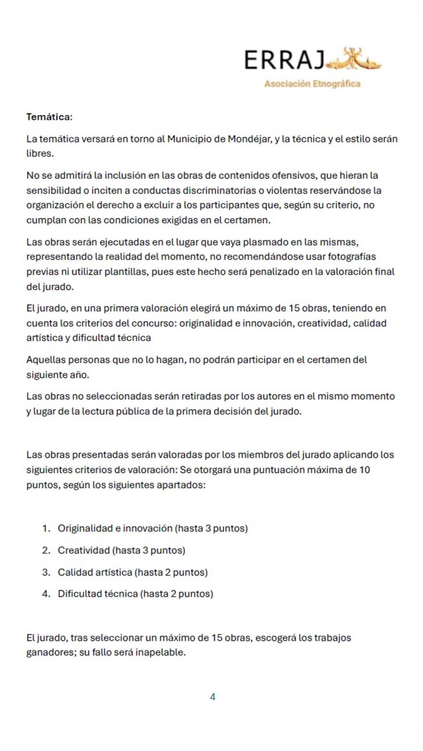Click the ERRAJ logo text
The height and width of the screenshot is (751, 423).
tap(284, 60)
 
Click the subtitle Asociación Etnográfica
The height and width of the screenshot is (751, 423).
tap(312, 84)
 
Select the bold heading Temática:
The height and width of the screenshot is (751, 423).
tap(49, 117)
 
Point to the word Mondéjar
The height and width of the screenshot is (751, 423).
tap(249, 139)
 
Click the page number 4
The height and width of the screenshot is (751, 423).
tap(212, 697)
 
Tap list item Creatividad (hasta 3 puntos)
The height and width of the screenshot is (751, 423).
tap(121, 550)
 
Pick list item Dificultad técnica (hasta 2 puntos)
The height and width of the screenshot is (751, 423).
tap(135, 594)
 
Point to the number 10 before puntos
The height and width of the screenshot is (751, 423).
tap(364, 470)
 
